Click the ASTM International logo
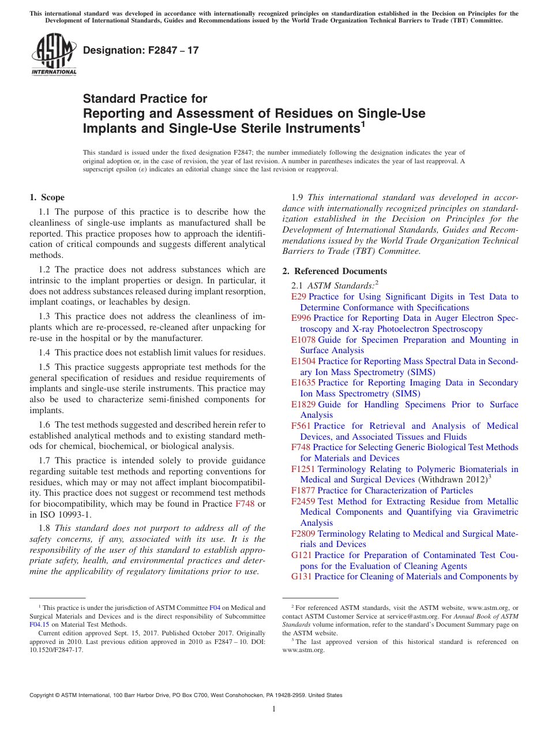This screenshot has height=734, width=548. (x=54, y=54)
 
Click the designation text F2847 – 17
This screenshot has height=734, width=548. (x=141, y=50)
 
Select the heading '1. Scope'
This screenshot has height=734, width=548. (x=47, y=197)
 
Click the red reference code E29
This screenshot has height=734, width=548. (x=299, y=297)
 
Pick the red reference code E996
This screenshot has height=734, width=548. (x=301, y=318)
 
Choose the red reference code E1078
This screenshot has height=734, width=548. (x=303, y=340)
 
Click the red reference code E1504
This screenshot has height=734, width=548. (x=303, y=361)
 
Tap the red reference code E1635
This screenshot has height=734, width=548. (x=303, y=383)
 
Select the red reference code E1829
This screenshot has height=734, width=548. (x=303, y=405)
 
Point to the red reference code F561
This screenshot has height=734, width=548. (x=301, y=426)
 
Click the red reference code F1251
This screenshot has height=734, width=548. (x=303, y=469)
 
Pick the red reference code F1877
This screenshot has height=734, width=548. (x=303, y=490)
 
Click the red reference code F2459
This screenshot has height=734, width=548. (x=303, y=501)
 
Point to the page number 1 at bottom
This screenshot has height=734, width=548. (x=274, y=709)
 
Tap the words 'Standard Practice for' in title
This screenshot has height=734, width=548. (x=145, y=99)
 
